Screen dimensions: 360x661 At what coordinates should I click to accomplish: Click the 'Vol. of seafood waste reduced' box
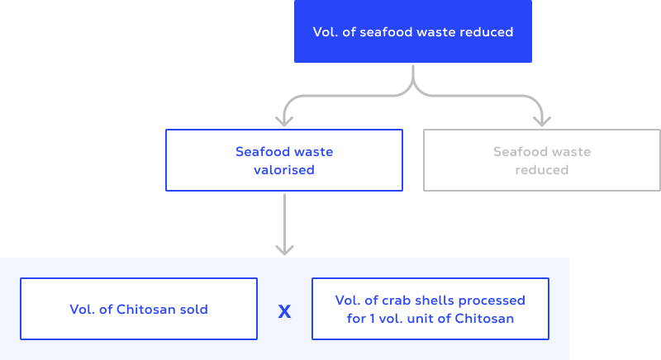(413, 32)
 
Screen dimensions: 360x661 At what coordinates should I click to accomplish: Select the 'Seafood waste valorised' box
(284, 160)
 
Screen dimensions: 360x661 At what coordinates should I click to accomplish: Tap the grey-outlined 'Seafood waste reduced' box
(542, 160)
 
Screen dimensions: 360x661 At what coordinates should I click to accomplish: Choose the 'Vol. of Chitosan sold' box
(139, 310)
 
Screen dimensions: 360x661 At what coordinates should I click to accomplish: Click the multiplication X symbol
(284, 311)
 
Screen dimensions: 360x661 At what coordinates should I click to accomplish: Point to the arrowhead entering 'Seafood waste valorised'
(284, 121)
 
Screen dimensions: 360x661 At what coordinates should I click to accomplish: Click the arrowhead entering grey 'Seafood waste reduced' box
(542, 121)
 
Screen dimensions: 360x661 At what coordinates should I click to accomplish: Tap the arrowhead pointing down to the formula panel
(284, 249)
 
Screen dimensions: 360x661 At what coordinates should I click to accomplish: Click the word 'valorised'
(284, 170)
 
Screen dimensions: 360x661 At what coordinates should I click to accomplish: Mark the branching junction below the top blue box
(413, 86)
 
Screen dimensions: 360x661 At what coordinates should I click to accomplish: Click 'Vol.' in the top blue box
(325, 32)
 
